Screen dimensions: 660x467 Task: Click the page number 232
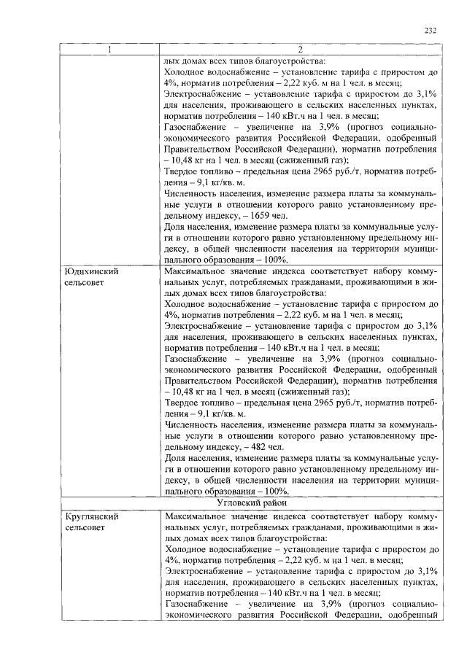[x=431, y=31]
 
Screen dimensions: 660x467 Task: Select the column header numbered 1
[x=110, y=50]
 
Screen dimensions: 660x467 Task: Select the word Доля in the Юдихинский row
[x=176, y=458]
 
